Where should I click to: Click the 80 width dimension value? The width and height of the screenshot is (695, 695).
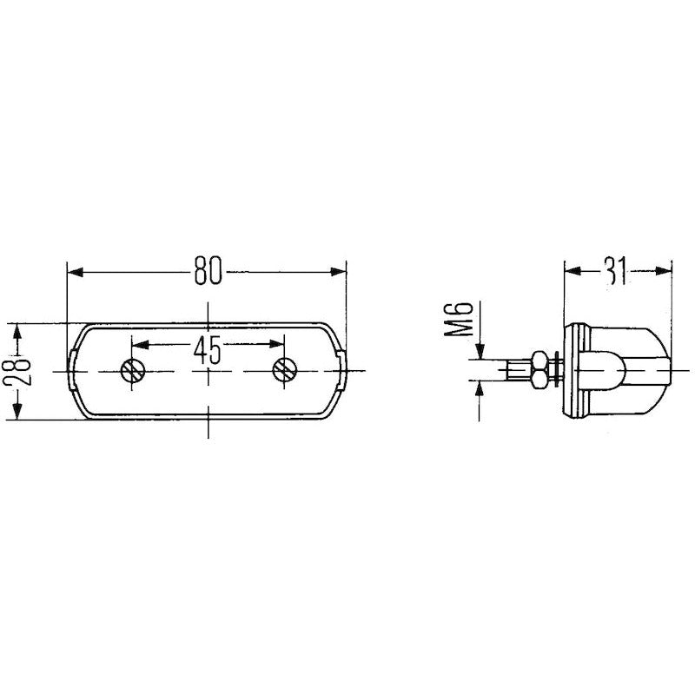tap(208, 270)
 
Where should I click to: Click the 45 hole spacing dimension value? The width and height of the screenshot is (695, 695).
tap(207, 350)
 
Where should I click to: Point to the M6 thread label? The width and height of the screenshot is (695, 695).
tap(459, 319)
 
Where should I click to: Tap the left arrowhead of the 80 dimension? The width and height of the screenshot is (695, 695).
tap(76, 272)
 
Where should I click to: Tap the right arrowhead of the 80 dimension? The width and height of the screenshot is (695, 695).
tap(338, 271)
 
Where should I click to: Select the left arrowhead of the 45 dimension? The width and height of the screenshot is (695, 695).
tap(141, 344)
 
